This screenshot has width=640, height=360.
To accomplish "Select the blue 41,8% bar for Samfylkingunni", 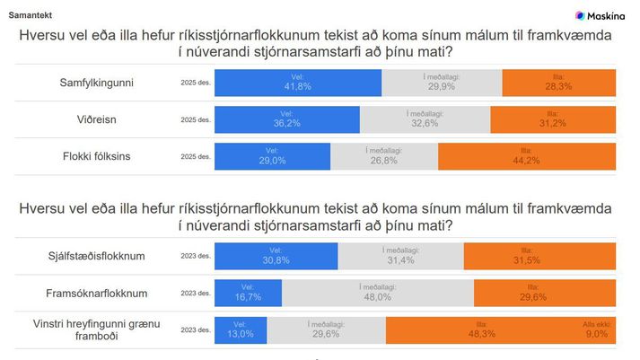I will tap(298, 82).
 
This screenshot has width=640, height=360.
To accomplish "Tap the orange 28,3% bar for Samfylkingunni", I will tap(558, 82).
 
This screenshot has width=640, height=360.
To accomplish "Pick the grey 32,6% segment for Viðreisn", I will tap(425, 119).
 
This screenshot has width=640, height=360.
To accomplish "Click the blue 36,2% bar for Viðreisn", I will tap(287, 119).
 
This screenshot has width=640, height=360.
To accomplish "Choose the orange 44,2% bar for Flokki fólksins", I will tap(527, 156).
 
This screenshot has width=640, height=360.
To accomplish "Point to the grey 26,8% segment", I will tap(384, 156).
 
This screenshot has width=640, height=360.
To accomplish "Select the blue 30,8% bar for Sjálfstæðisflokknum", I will tap(276, 257).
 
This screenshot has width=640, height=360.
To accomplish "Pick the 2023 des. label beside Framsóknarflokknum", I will tap(197, 294).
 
